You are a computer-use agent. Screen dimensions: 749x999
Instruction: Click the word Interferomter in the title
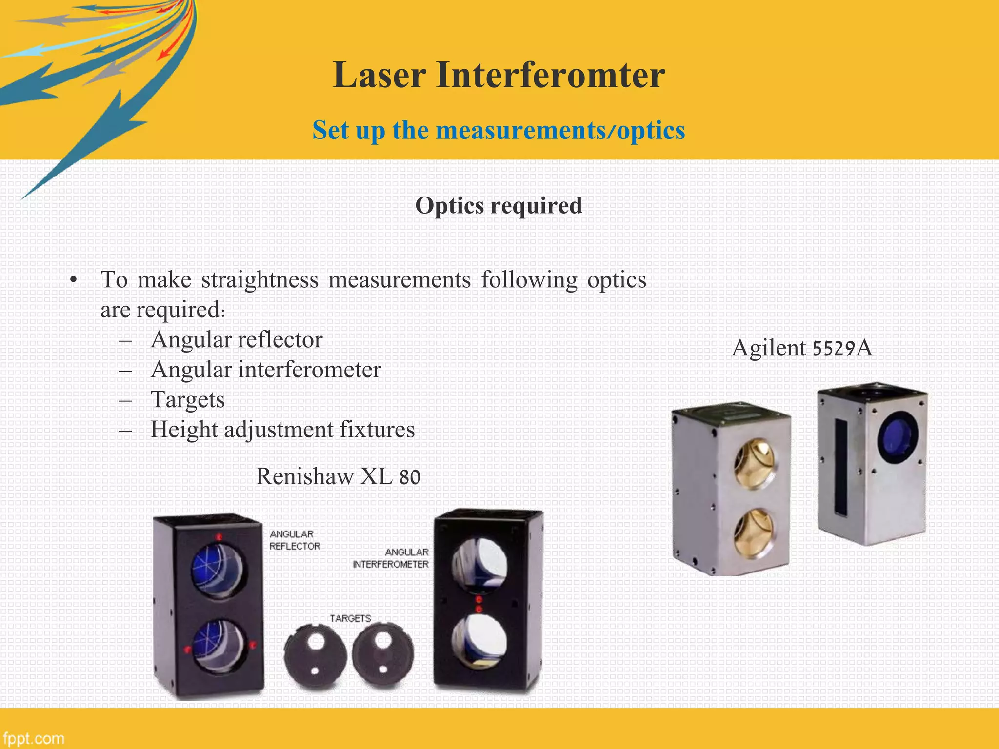pos(550,76)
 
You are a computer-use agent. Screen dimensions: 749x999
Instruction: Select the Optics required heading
pos(499,205)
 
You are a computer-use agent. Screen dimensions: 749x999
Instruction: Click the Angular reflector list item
pos(237,340)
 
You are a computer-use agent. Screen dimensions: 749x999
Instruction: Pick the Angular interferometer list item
pos(266,370)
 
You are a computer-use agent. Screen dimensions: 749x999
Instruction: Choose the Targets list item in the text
pos(188,400)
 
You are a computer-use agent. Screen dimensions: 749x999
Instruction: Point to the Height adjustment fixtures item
pos(282,430)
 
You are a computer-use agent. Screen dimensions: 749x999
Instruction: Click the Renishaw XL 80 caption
pos(338,476)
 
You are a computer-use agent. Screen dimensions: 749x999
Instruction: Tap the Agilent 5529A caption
pos(802,348)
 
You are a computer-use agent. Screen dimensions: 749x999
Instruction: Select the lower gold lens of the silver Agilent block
pos(754,532)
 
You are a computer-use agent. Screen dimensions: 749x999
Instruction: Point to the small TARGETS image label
pos(350,618)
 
